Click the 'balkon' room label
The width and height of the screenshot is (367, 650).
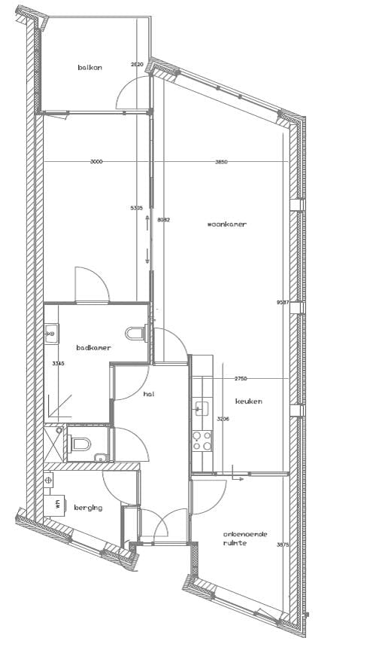point(89,68)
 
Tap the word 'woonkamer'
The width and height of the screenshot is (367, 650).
point(227,224)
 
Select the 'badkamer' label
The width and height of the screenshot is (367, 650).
point(93,348)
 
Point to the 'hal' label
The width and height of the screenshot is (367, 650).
point(149,394)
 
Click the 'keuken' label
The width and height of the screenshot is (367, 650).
point(248,401)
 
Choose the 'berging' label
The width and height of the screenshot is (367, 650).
point(88,508)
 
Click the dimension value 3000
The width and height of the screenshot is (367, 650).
point(96,162)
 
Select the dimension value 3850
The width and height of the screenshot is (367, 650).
point(221,162)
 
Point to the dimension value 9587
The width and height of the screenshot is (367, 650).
point(282,303)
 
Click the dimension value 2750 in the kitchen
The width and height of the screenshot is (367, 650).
point(241,378)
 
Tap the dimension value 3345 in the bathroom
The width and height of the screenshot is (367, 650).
point(58,364)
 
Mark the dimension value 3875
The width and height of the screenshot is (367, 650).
point(282,545)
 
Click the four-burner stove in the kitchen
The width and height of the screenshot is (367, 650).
point(202,441)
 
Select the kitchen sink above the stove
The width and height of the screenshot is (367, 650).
point(202,408)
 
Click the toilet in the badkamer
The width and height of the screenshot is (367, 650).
point(136,332)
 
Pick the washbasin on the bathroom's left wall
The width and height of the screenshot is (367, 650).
point(51,332)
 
